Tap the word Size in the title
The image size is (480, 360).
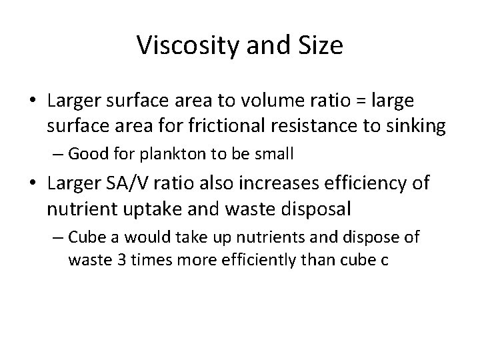321,45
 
